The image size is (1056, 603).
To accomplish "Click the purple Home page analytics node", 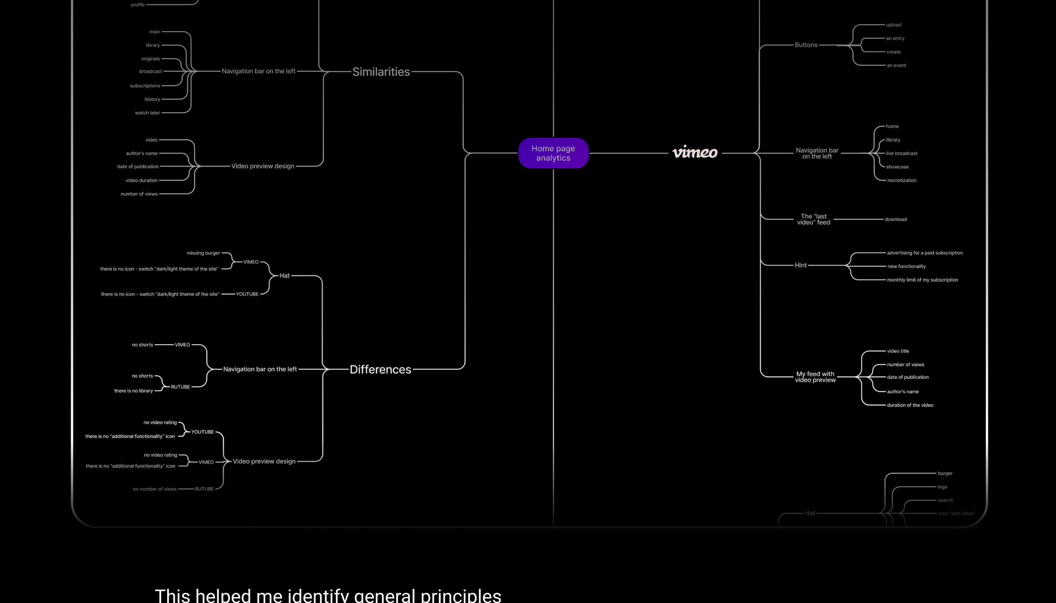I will pos(553,153).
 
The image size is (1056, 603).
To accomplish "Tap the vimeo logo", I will pos(695,152).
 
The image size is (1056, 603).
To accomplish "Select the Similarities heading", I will pos(381,72).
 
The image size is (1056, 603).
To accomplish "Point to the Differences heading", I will pos(380,369).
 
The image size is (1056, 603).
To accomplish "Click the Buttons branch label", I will pos(806,45).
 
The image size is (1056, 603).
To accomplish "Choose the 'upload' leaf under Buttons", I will pos(893,25).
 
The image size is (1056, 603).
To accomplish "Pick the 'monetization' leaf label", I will pos(902,180).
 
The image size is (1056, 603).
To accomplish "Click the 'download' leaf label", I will pos(895,219).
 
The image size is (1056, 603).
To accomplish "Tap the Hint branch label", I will pos(800,265).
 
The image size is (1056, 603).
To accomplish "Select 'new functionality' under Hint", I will pos(906,266).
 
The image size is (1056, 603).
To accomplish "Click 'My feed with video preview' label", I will pos(815,377).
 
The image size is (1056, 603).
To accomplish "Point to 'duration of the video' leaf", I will pos(910,405).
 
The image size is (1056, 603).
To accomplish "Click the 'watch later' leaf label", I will pos(148,112).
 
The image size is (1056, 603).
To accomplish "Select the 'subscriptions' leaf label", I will pos(145,86).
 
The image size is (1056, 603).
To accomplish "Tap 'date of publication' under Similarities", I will pos(138,167).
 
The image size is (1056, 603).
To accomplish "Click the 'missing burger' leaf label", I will pos(203,253).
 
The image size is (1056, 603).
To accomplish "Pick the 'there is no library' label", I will pos(133,391).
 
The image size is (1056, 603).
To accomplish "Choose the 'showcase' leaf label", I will pos(897,167).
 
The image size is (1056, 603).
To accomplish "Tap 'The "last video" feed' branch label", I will pos(813,219).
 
